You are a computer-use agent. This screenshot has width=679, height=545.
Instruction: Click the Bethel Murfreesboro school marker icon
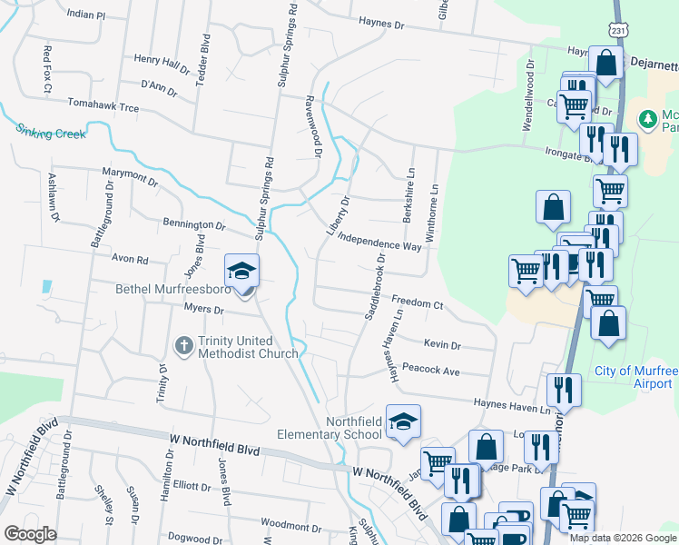[x=242, y=272]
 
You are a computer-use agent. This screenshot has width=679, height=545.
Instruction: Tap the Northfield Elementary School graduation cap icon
[x=403, y=422]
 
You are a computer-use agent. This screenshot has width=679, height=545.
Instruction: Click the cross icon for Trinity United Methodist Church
[x=183, y=345]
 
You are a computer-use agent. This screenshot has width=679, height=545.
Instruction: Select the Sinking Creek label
[x=51, y=133]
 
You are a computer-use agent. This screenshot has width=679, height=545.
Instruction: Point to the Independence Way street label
[x=379, y=241]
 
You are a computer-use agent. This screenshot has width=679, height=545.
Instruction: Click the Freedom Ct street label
[x=417, y=302]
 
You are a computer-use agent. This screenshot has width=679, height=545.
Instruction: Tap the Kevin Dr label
[x=442, y=345]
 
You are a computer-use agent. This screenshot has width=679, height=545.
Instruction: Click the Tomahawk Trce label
[x=103, y=107]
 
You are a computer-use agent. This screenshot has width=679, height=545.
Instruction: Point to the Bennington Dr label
[x=193, y=223]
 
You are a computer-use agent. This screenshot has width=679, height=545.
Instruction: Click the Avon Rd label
[x=129, y=259]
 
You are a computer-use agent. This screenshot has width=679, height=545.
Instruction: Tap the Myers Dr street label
[x=203, y=309]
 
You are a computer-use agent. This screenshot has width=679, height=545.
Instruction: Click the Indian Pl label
[x=86, y=15]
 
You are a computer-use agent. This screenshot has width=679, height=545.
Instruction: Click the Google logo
[x=31, y=534]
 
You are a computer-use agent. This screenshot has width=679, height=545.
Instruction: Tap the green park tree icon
[x=647, y=119]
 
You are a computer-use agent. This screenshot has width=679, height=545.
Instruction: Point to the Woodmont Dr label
[x=286, y=525]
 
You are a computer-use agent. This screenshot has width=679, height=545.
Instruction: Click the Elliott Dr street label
[x=192, y=485]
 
